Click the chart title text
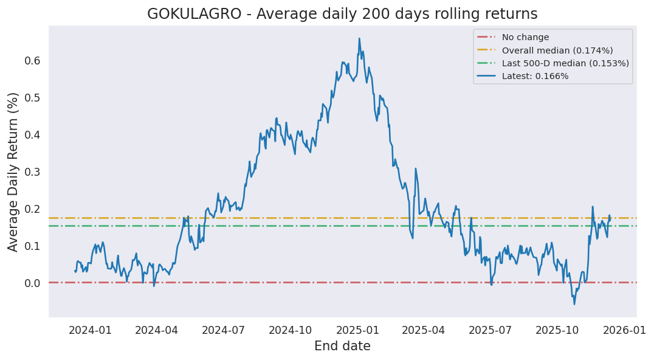(342, 13)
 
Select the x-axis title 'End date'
(342, 346)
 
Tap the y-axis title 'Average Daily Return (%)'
(13, 171)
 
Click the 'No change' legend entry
(525, 37)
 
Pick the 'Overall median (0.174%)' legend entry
(557, 50)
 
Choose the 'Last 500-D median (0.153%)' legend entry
(565, 63)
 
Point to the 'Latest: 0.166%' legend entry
(535, 76)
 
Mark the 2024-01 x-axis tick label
(90, 330)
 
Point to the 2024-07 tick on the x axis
(224, 330)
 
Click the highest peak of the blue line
(359, 38)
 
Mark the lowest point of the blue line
(574, 304)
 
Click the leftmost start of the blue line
(75, 271)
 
